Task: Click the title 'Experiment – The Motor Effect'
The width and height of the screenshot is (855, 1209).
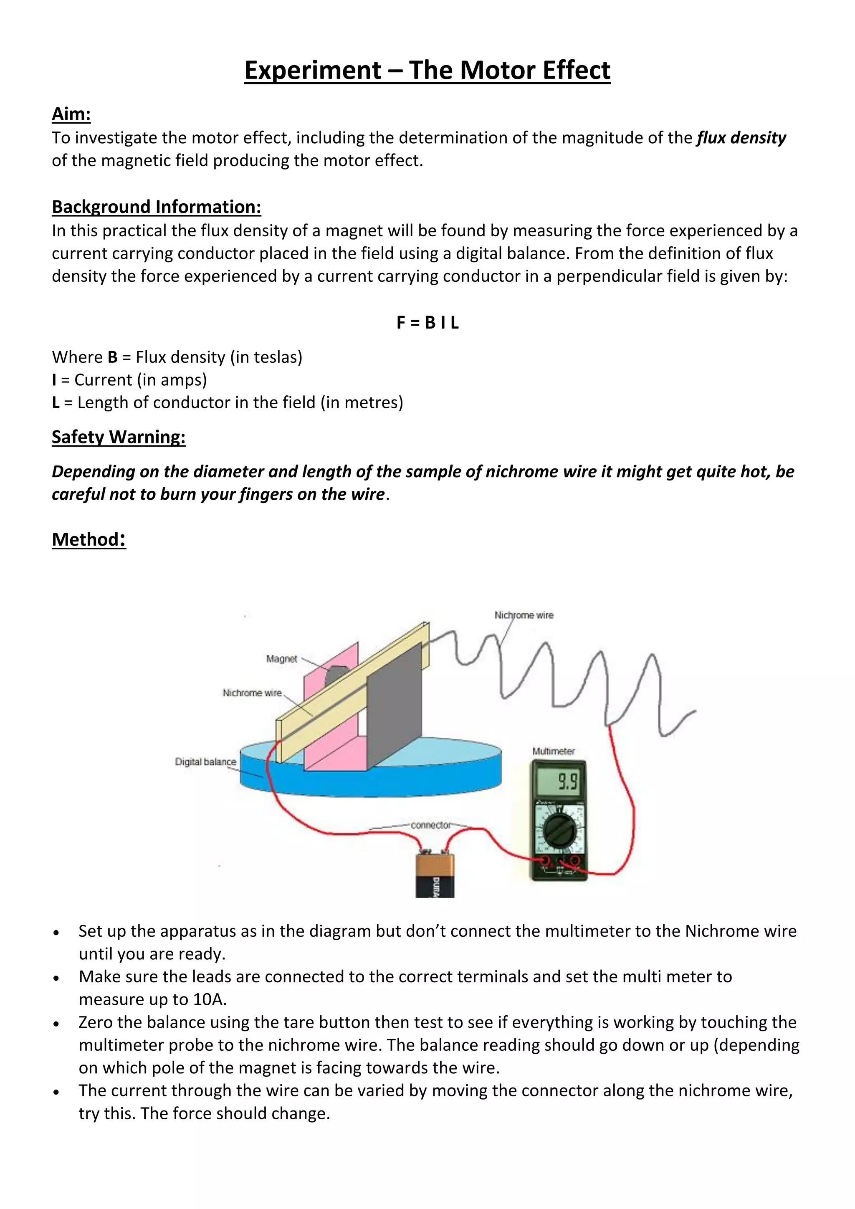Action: (x=427, y=70)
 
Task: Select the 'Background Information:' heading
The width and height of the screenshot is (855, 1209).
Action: (x=157, y=207)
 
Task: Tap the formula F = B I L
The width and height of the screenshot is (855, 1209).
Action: (x=427, y=323)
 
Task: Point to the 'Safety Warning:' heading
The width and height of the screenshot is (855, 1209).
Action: (x=119, y=437)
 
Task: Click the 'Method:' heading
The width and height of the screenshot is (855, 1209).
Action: (x=89, y=539)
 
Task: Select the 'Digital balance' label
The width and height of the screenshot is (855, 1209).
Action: (x=205, y=762)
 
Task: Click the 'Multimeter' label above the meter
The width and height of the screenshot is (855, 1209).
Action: (x=553, y=751)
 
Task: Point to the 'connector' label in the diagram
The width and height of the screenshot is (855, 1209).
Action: (x=431, y=825)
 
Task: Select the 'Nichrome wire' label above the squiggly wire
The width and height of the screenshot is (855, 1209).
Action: (x=524, y=615)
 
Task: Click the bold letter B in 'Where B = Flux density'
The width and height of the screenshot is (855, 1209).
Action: (x=112, y=357)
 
